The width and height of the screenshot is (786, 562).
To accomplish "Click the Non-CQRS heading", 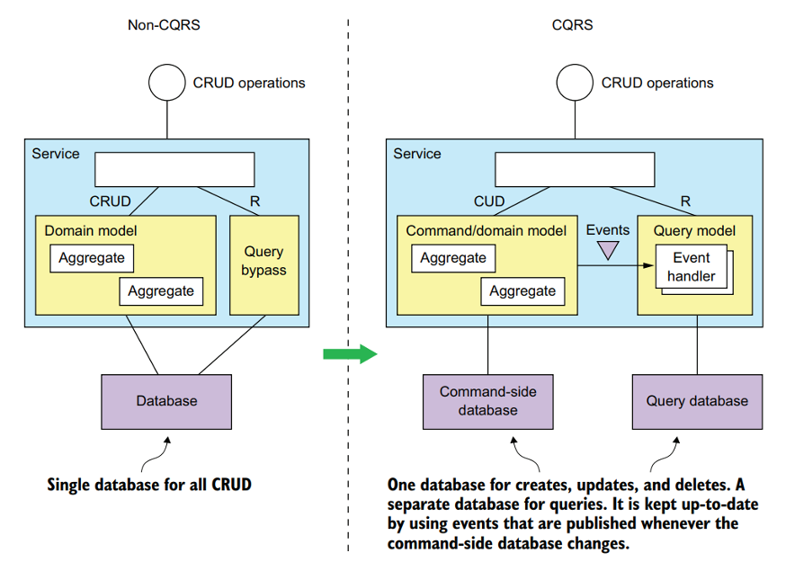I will click(x=163, y=25).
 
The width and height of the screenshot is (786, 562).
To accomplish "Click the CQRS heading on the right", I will click(x=572, y=25).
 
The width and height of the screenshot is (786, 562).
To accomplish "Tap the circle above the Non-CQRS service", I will click(x=165, y=83).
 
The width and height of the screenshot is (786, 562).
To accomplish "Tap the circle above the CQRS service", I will click(x=574, y=83).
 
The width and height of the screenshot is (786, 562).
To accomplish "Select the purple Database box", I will click(x=166, y=400).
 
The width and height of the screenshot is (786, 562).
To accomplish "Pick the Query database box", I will click(x=696, y=400).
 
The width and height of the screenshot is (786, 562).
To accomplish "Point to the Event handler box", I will click(x=692, y=267).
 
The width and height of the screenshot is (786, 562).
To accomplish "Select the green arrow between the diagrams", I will click(x=349, y=353).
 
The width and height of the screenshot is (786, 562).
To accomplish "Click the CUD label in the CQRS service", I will click(x=489, y=201).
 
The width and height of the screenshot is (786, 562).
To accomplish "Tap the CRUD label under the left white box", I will click(x=110, y=201).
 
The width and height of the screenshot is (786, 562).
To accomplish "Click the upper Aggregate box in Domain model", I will click(x=90, y=259).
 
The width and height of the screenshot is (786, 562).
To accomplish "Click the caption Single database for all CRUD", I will click(x=149, y=485).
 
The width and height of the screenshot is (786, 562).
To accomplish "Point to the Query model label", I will click(x=694, y=231).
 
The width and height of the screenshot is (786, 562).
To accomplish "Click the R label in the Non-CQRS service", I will click(x=255, y=201).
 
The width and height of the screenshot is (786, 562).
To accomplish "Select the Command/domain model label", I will click(x=486, y=231).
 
